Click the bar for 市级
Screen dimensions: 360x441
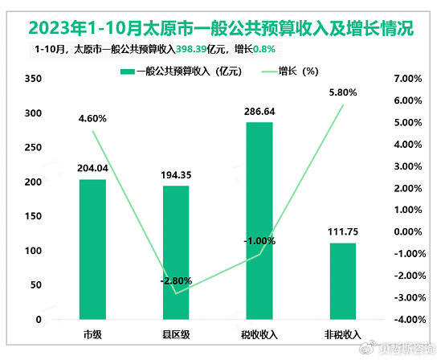tap(92, 249)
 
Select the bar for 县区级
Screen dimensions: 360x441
tap(176, 252)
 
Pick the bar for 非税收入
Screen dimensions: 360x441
tap(343, 281)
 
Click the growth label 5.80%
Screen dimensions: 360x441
tap(342, 92)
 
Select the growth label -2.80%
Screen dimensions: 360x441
tap(175, 280)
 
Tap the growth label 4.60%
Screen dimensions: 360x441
tap(92, 119)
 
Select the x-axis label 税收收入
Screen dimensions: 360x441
tap(259, 333)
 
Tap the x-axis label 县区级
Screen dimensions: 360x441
tap(176, 333)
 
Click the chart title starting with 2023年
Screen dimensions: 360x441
tap(220, 28)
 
